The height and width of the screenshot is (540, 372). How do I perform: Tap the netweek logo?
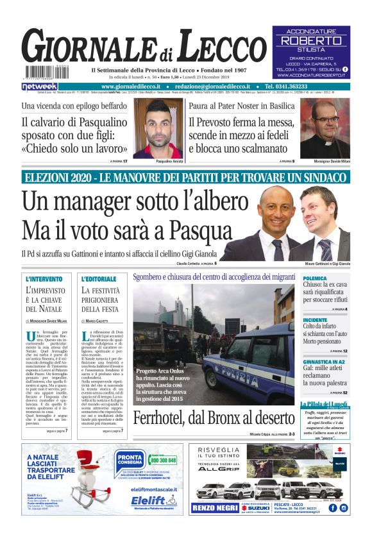click(x=39, y=86)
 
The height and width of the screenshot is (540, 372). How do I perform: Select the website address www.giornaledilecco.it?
click(x=135, y=86)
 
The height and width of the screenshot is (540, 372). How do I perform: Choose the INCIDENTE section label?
click(x=316, y=319)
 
